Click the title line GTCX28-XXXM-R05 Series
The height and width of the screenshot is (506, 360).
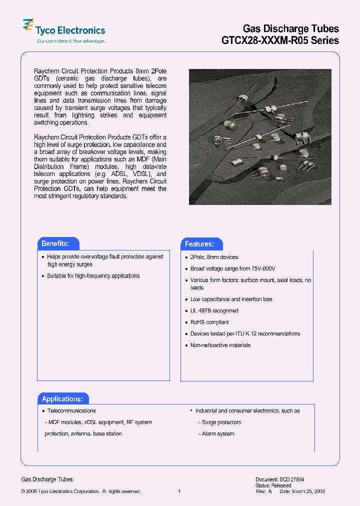[x=280, y=40]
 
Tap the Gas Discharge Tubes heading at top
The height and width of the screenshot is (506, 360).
[x=290, y=28]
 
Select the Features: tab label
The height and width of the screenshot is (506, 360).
[x=199, y=244]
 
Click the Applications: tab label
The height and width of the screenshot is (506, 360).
[x=62, y=399]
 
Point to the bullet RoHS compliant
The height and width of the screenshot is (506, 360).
[x=209, y=322]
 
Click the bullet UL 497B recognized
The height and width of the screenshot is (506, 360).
[x=214, y=311]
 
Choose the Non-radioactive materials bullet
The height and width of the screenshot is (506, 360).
[x=220, y=345]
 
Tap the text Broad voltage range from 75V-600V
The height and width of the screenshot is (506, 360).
[x=232, y=268]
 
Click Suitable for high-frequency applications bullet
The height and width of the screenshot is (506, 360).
[x=93, y=276]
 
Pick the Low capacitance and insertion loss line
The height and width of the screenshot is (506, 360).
[x=231, y=299]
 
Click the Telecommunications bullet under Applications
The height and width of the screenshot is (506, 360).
[x=71, y=411]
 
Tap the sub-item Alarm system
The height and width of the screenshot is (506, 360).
[x=218, y=434]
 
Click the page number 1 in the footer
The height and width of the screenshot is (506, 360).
[x=179, y=491]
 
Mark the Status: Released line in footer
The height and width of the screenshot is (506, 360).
[x=273, y=485]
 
